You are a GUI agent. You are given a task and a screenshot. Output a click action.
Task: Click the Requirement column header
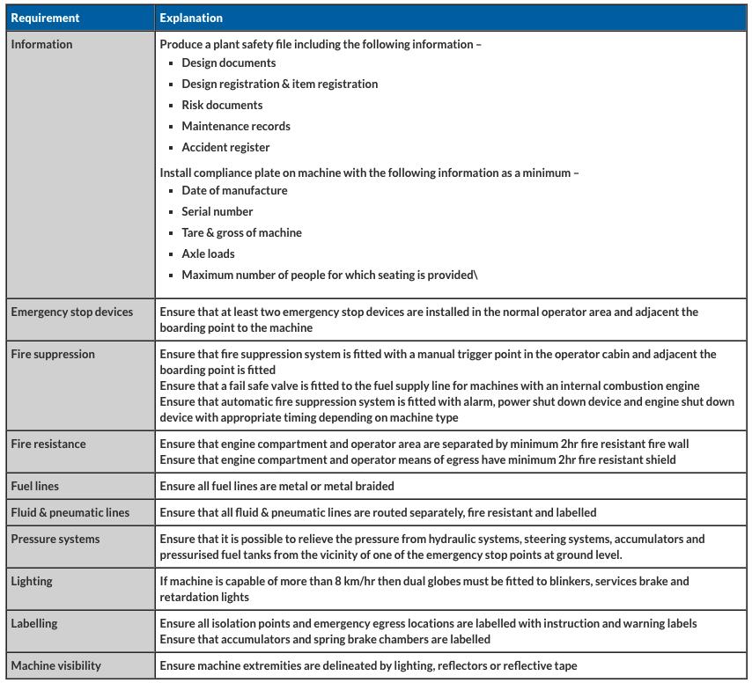(45, 18)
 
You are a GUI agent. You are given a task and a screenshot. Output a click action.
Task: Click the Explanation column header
(191, 18)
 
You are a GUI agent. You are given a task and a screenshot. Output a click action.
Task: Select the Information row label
(41, 44)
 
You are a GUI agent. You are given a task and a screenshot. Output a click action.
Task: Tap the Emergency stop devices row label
(72, 312)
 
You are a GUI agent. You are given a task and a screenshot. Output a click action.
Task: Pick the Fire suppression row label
(53, 354)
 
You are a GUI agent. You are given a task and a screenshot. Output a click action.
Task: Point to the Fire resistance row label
(48, 444)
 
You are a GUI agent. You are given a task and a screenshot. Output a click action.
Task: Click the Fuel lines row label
(35, 486)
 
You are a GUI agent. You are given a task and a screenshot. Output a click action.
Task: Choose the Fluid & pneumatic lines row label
(70, 512)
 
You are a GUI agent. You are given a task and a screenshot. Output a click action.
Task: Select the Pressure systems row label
(55, 539)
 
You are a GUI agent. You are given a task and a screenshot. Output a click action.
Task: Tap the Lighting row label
(32, 581)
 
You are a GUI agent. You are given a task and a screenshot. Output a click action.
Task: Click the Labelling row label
(34, 623)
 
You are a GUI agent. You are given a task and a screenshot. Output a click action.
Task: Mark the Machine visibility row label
(55, 665)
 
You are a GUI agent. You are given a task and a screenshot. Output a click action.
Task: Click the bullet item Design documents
(228, 62)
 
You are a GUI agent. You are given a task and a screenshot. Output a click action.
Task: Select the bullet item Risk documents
(222, 105)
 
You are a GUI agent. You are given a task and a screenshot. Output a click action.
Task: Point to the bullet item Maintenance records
(236, 126)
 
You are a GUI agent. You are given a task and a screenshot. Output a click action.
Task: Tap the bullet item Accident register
(225, 147)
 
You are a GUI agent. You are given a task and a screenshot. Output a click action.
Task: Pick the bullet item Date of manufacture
(234, 190)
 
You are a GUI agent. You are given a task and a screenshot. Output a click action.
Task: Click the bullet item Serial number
(217, 211)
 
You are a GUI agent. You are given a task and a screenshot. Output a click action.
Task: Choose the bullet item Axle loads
(208, 253)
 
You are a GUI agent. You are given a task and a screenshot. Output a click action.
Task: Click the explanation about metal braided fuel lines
(276, 486)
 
